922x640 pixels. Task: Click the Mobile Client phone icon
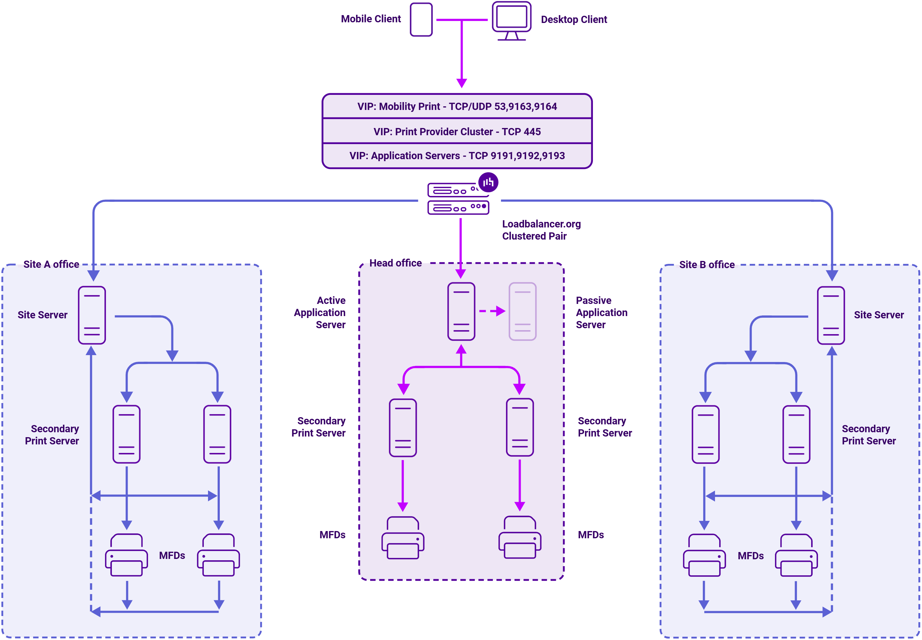pos(421,20)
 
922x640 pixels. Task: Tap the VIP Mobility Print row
pos(457,106)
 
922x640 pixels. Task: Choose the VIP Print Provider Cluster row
pos(457,132)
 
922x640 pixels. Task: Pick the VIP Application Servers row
pos(457,156)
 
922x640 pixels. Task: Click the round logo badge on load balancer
pos(488,182)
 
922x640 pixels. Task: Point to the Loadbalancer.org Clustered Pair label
pos(541,230)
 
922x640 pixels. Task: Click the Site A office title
pos(51,264)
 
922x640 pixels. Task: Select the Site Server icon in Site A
pos(92,315)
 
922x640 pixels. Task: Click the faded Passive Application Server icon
pos(522,311)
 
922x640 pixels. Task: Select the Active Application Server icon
pos(461,311)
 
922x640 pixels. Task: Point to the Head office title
pos(395,263)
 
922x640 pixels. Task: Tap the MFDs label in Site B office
pos(750,556)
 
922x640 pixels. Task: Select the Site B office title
pos(707,265)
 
